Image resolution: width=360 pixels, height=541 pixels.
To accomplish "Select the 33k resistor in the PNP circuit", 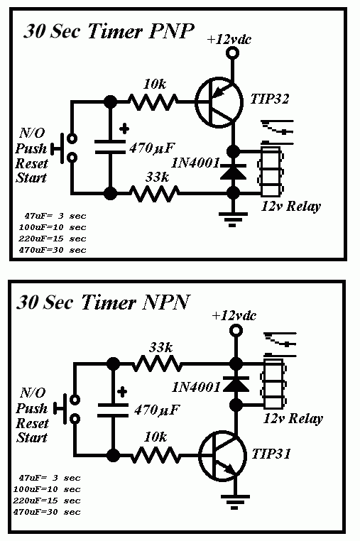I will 153,192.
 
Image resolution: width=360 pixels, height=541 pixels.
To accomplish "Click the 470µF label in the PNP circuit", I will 154,150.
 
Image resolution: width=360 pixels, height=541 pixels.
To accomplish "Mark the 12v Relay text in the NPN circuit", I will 293,418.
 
